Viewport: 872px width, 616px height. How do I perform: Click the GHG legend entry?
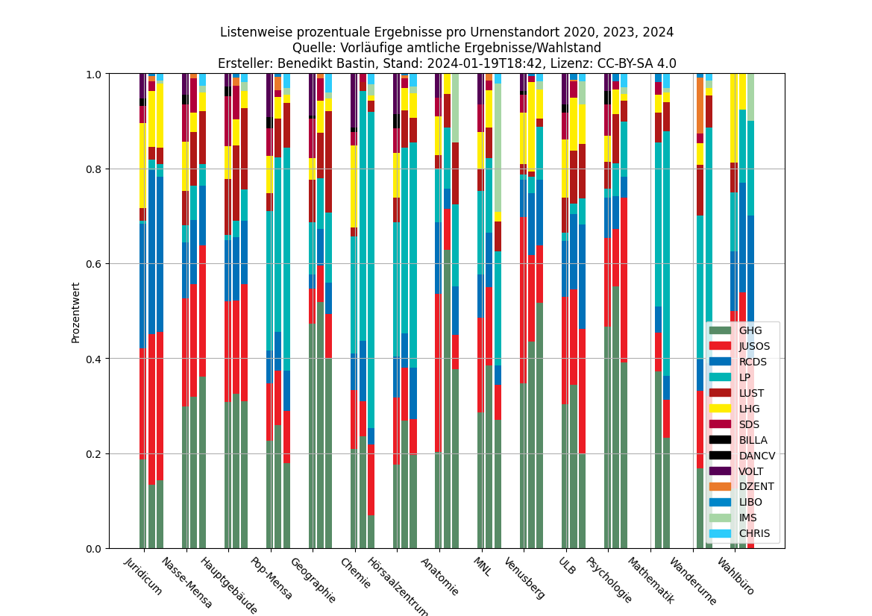coord(750,330)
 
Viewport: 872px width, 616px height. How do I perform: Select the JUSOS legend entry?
coord(754,346)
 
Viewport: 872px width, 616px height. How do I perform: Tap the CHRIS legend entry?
coord(754,534)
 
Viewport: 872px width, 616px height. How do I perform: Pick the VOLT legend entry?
coord(751,471)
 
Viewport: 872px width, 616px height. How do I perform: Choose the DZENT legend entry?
coord(756,487)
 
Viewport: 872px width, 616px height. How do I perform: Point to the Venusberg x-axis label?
coord(524,578)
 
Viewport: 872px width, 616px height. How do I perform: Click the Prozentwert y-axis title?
coord(75,312)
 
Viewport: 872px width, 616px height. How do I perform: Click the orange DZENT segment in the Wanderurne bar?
coord(700,105)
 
